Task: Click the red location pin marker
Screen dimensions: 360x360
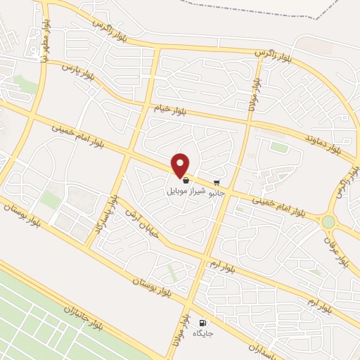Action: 181,165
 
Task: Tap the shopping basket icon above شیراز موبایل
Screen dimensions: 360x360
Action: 185,181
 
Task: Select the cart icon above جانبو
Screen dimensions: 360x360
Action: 217,181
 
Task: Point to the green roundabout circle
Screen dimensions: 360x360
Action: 328,222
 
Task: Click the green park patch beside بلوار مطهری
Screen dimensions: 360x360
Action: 26,85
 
